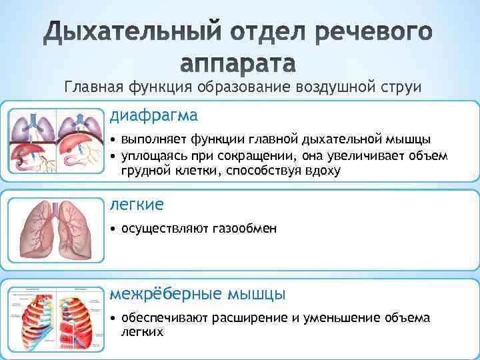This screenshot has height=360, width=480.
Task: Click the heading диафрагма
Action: (154, 115)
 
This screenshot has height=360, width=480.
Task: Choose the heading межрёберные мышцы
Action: (198, 294)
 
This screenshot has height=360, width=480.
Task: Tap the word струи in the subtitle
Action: (401, 87)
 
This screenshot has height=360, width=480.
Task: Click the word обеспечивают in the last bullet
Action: (165, 317)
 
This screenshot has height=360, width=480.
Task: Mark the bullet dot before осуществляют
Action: (114, 229)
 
